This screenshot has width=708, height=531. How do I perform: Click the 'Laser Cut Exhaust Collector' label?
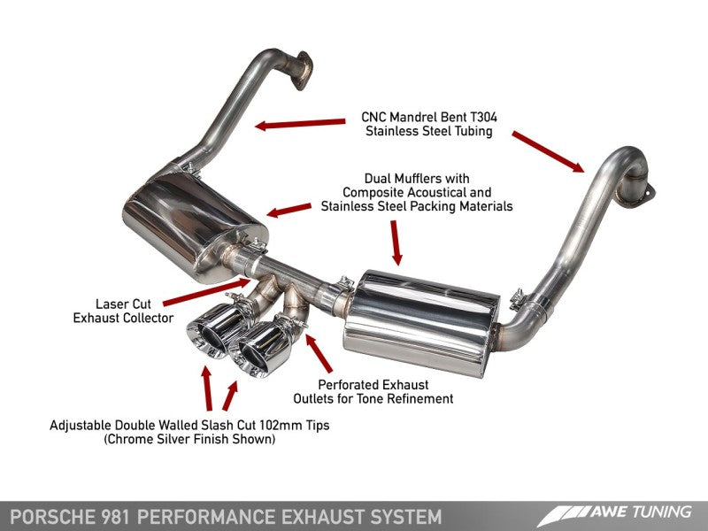[x=123, y=310]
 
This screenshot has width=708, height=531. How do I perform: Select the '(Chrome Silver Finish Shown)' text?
[x=190, y=440]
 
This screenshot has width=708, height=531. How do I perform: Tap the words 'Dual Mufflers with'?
[x=416, y=177]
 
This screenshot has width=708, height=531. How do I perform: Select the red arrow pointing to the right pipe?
[x=548, y=150]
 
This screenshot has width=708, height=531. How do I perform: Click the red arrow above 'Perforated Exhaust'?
[x=319, y=354]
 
